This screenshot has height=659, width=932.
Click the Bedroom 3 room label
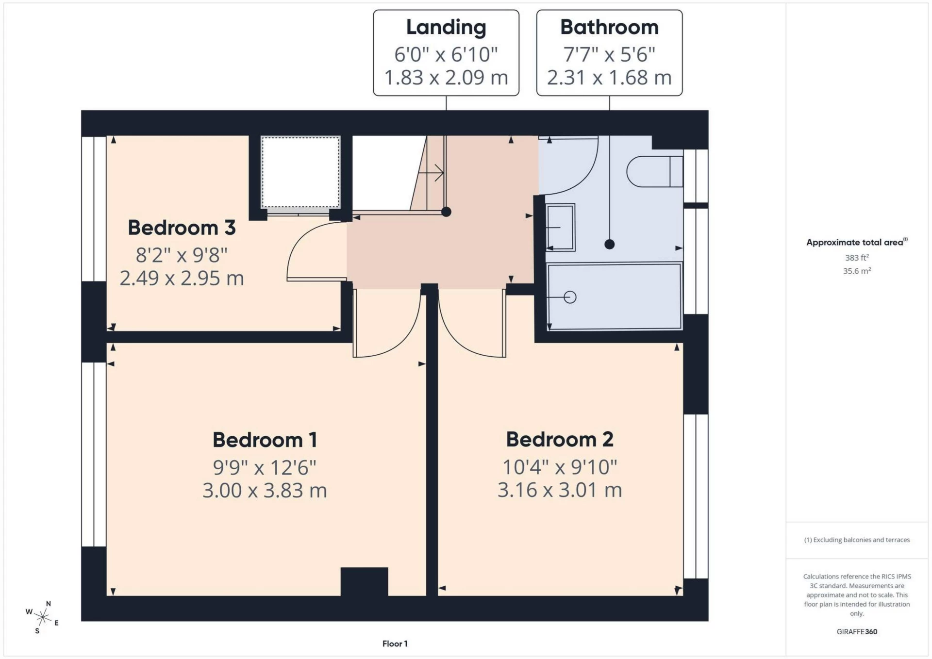182,228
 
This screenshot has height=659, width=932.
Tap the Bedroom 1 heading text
265,440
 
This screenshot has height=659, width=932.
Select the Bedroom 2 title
560,440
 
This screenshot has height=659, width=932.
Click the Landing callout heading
446,28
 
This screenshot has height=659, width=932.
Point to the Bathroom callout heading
609,28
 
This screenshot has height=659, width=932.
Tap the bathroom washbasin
561,227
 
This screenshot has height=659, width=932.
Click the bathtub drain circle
570,297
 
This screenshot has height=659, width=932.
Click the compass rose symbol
43,617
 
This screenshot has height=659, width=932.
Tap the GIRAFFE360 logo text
857,632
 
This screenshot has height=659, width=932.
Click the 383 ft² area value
857,258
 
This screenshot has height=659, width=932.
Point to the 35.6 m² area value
857,271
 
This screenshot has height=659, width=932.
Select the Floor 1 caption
395,644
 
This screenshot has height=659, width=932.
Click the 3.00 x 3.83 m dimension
265,491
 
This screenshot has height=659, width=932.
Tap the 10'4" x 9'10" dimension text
560,467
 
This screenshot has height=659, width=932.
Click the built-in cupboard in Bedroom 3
300,172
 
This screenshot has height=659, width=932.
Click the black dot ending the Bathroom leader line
610,245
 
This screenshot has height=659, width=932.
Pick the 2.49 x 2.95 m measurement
182,279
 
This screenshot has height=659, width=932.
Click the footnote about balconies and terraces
857,540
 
